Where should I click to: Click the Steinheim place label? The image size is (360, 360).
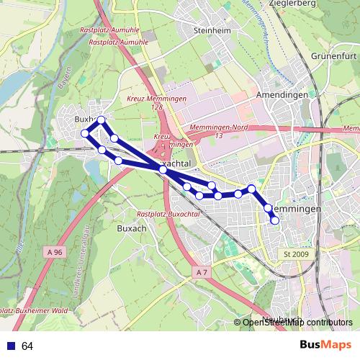pos(211,31)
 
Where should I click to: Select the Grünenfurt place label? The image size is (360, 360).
pos(334,55)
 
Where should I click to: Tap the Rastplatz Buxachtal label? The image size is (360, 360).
pos(168,215)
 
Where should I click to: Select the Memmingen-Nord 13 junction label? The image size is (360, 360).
pos(217,131)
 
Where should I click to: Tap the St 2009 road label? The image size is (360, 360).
pos(296,254)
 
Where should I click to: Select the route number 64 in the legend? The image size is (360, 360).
pos(27,346)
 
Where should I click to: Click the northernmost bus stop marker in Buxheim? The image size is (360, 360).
pos(102,120)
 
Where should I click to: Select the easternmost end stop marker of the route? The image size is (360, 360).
pos(274,220)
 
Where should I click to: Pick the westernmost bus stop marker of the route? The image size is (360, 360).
pos(85,133)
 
